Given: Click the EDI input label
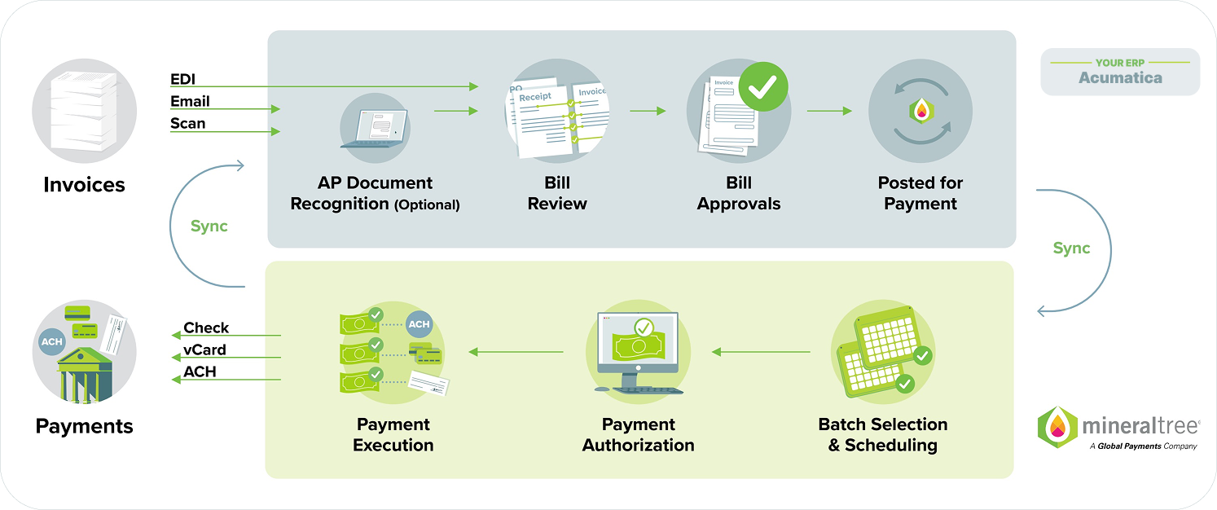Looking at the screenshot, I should pos(182,80).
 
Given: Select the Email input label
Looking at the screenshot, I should pos(190,102).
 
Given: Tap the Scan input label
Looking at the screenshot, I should pos(187,124).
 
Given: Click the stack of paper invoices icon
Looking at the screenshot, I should pos(84,111).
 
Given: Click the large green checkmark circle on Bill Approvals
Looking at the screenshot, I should pos(763,87).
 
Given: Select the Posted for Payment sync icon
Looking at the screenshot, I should pos(920,111).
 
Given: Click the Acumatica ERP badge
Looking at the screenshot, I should pos(1120,72).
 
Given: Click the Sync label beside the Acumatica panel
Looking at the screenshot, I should pos(1071,248).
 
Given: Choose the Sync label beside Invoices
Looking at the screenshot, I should pos(209,226).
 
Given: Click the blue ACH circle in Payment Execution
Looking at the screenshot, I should pos(419,324).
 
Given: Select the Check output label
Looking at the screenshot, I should pos(206,328).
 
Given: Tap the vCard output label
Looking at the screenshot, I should pos(204,350).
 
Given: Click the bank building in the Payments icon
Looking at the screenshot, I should pos(84,375).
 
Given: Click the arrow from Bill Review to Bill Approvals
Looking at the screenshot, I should pos(648,110).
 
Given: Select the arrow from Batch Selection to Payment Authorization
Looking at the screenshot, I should pos(761,352).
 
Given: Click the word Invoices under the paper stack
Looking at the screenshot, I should pos(84,185).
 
